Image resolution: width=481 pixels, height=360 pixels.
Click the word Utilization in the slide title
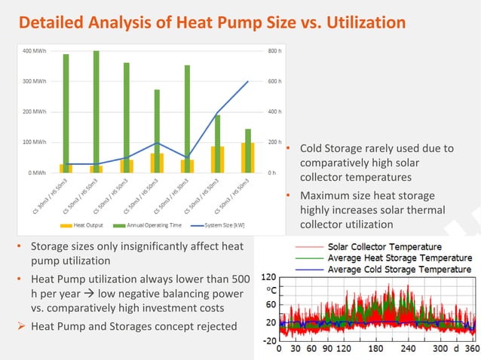(x=360, y=23)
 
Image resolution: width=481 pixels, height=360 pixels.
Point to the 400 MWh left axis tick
(x=32, y=50)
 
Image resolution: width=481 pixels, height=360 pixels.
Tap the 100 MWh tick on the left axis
(x=32, y=142)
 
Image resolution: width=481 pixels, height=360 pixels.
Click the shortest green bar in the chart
(x=247, y=151)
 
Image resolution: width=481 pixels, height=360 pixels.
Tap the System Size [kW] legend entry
(x=219, y=224)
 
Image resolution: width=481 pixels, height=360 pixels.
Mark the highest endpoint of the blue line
(x=248, y=81)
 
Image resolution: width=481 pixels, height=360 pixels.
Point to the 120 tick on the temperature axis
(x=268, y=277)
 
